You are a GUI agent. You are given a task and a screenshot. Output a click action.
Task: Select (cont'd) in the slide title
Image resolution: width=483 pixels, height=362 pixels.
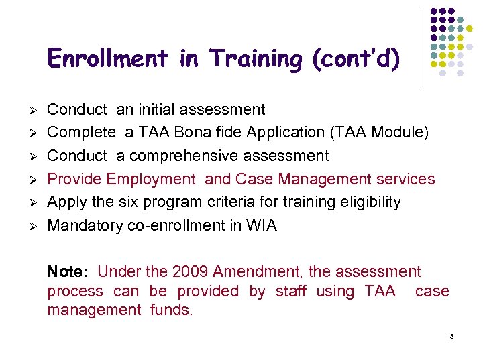pyautogui.click(x=356, y=59)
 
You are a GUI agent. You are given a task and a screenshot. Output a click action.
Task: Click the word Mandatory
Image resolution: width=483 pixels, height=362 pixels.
pyautogui.click(x=85, y=225)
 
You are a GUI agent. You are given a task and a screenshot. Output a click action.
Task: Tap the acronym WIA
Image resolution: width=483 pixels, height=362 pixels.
pyautogui.click(x=261, y=225)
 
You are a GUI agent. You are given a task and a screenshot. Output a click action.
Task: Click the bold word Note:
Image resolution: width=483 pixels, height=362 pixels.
pyautogui.click(x=68, y=271)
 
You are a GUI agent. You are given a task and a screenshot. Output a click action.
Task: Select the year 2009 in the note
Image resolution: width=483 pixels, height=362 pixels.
pyautogui.click(x=191, y=271)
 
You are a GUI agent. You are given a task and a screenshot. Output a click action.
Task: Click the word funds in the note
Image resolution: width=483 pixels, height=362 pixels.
pyautogui.click(x=171, y=310)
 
